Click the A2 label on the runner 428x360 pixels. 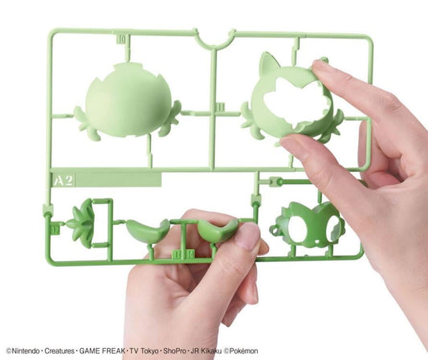[63, 179]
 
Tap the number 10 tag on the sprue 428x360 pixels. [121, 37]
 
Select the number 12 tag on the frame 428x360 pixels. [55, 228]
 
